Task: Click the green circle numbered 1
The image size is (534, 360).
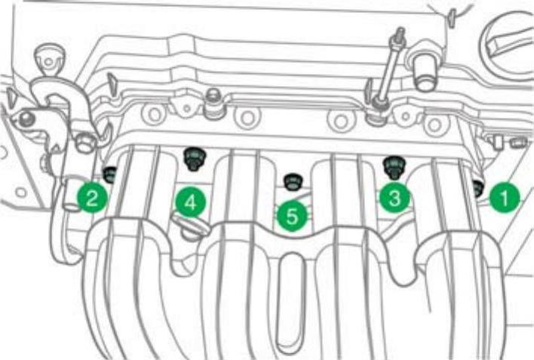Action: (505, 197)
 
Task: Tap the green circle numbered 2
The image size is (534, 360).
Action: (92, 198)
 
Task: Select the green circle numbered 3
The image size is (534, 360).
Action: (394, 197)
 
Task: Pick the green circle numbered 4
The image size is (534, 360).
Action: (191, 202)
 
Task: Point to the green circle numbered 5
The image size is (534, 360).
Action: (292, 216)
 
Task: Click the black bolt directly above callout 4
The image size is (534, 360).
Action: (195, 159)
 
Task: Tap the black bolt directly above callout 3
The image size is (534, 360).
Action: (394, 168)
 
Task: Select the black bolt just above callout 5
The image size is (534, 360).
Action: (292, 182)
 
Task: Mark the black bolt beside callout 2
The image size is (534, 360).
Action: (109, 174)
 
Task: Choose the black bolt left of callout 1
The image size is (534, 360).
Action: (477, 189)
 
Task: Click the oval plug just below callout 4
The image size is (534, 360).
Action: (190, 227)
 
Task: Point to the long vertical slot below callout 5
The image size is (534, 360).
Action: (290, 303)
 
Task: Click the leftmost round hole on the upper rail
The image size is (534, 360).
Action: (153, 115)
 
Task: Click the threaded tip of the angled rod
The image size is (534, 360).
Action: (400, 33)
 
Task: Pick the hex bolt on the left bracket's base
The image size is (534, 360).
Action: (84, 143)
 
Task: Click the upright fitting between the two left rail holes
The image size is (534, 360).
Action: (214, 103)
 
